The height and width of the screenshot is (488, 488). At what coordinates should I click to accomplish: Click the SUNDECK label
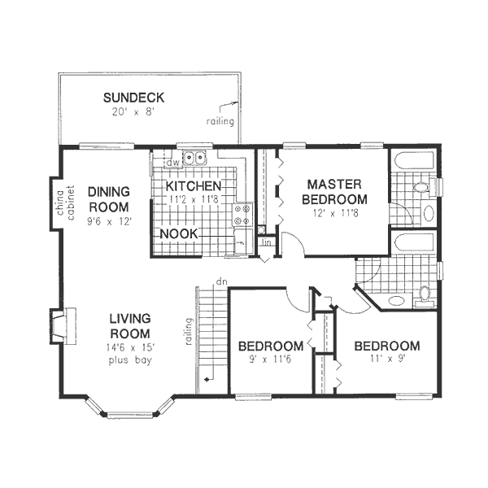click(x=134, y=98)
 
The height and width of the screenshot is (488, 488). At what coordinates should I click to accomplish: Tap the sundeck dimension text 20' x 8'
click(x=134, y=111)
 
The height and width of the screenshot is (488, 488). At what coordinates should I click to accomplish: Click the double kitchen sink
click(x=195, y=159)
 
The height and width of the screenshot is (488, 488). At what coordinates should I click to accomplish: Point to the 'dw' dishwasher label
click(x=172, y=163)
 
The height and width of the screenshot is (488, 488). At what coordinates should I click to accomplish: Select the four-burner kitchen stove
click(x=242, y=214)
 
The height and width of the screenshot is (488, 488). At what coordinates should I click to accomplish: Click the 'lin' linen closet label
click(x=265, y=242)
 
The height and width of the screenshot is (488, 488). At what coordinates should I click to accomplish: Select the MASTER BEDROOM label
click(x=334, y=191)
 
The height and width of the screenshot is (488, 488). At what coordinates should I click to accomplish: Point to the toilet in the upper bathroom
click(x=421, y=188)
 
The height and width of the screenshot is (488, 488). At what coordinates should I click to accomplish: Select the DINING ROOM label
click(x=110, y=198)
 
